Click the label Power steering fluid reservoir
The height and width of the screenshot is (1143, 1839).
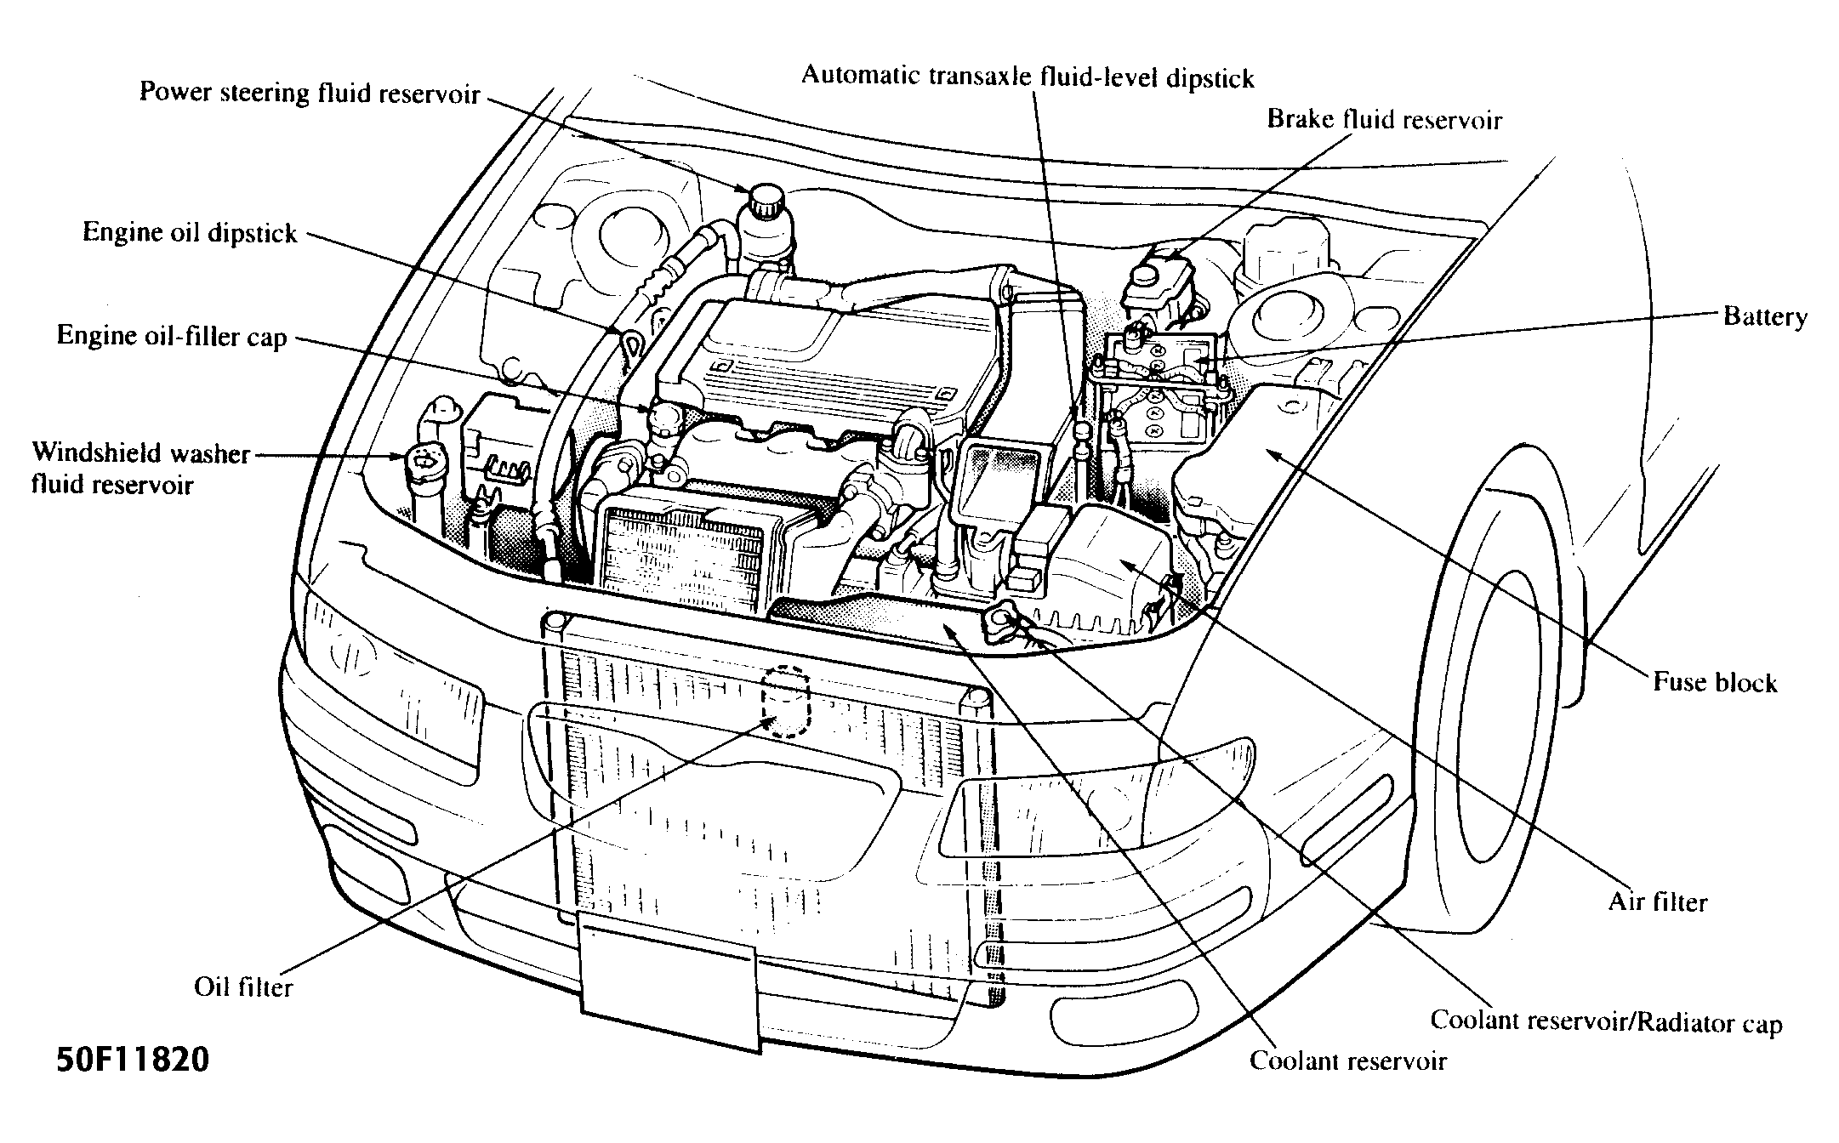pyautogui.click(x=310, y=94)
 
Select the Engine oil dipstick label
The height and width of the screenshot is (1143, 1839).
pyautogui.click(x=190, y=233)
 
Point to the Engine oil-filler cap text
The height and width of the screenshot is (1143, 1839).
pyautogui.click(x=171, y=337)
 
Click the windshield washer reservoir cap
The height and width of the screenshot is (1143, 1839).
pyautogui.click(x=424, y=463)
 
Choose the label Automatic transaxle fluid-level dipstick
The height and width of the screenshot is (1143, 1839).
pyautogui.click(x=1028, y=77)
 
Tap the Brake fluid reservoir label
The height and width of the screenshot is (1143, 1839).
pyautogui.click(x=1384, y=120)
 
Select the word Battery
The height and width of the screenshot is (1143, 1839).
pyautogui.click(x=1765, y=317)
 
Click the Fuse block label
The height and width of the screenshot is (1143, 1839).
pyautogui.click(x=1715, y=682)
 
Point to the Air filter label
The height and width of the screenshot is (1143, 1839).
pyautogui.click(x=1657, y=901)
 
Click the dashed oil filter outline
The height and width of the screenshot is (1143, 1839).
pyautogui.click(x=784, y=701)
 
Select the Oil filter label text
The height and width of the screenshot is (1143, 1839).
pyautogui.click(x=243, y=987)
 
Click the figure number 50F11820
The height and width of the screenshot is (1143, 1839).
pyautogui.click(x=133, y=1061)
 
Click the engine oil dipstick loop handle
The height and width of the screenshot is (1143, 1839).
pyautogui.click(x=629, y=343)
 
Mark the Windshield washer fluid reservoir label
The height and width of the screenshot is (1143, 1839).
pyautogui.click(x=140, y=468)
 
